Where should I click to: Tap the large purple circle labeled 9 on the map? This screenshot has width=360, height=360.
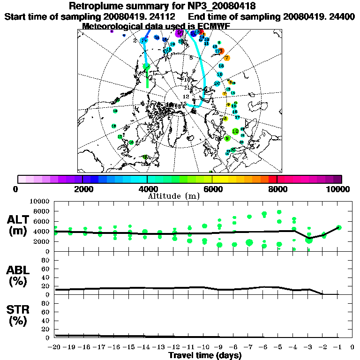179,33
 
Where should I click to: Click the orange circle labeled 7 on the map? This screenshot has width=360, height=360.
227,58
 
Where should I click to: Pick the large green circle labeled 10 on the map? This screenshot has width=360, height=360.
235,131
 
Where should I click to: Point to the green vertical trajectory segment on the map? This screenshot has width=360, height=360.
147,77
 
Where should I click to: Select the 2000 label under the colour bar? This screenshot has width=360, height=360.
82,189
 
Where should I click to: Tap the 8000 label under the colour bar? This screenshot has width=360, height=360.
277,189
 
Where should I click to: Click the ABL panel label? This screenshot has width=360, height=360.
19,277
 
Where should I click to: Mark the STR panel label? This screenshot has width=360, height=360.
19,315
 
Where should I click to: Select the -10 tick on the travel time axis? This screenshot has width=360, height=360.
204,347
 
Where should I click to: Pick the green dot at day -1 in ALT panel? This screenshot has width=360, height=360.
339,228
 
